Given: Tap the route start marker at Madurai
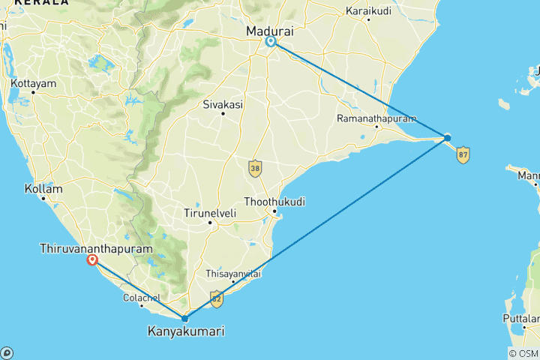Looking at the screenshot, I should (x=271, y=42).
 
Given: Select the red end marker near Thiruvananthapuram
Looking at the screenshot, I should (x=92, y=260).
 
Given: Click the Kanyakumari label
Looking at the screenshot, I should (x=185, y=331).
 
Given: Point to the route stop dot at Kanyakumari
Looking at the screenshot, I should (x=185, y=319).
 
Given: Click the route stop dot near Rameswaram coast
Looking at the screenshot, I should (x=447, y=137).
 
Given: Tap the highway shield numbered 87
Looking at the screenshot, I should (x=463, y=154).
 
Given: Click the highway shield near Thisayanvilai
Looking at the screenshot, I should (x=216, y=298).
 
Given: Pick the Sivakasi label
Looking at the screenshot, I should (x=223, y=106).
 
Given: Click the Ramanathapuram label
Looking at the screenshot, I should (x=366, y=118).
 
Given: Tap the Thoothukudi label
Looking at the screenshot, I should (x=270, y=202).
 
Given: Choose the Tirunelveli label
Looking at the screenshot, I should (x=210, y=214).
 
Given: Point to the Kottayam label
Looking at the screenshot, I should (x=32, y=83).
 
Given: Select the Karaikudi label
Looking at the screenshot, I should (x=367, y=11).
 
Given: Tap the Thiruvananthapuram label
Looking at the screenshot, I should (x=97, y=247).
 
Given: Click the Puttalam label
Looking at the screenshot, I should (x=522, y=319).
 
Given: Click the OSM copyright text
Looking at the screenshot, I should (x=522, y=354).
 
